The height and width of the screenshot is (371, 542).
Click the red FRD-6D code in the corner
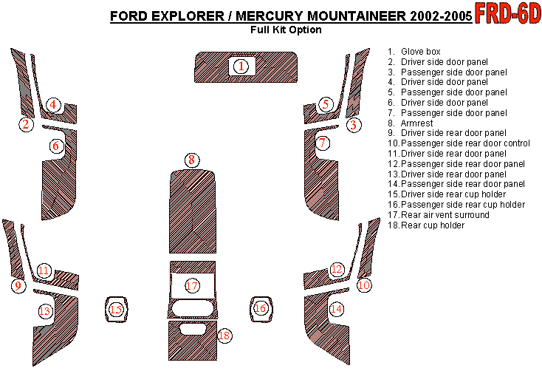[507, 13]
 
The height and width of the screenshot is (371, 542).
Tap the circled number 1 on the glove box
[241, 66]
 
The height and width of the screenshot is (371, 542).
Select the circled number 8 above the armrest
[192, 160]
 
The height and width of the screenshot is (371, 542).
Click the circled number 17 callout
[192, 286]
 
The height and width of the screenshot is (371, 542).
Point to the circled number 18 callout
[224, 336]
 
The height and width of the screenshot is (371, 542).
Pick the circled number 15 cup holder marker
[116, 309]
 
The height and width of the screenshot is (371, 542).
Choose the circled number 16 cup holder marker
[260, 308]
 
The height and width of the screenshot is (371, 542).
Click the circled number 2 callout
[27, 124]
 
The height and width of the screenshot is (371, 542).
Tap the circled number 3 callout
[353, 125]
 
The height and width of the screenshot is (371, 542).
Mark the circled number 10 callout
[364, 285]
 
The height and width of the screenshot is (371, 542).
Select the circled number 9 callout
[18, 286]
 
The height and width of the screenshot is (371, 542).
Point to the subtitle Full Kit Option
[287, 30]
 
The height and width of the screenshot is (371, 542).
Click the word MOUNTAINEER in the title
[357, 16]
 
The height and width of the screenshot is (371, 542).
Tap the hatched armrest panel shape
[193, 211]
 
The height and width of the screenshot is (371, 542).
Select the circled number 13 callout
[44, 311]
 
